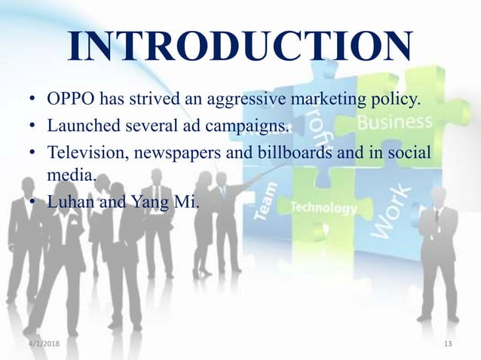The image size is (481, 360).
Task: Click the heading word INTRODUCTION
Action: [x=240, y=47]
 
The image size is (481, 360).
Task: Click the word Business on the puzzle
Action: [x=395, y=123]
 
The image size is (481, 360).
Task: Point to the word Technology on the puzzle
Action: [x=323, y=207]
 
